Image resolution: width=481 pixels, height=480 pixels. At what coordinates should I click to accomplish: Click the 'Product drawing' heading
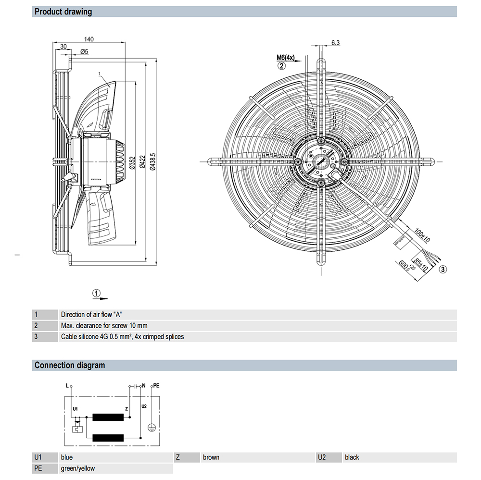(x=63, y=12)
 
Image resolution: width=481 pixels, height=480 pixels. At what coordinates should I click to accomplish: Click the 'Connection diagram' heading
(x=69, y=365)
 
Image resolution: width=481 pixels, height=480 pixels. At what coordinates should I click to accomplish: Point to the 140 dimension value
(x=88, y=39)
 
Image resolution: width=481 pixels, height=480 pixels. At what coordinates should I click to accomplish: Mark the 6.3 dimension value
(x=335, y=43)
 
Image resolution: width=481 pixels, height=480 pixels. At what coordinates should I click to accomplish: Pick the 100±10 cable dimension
(x=422, y=236)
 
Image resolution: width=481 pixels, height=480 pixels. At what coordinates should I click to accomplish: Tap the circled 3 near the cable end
(x=443, y=269)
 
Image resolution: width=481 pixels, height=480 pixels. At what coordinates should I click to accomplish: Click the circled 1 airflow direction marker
(x=97, y=293)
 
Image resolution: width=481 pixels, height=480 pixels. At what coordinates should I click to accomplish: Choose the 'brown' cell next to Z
(x=211, y=457)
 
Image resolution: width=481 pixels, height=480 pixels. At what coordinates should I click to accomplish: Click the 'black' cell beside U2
(x=352, y=457)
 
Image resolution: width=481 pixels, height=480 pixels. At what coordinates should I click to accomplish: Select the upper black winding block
(x=109, y=418)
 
